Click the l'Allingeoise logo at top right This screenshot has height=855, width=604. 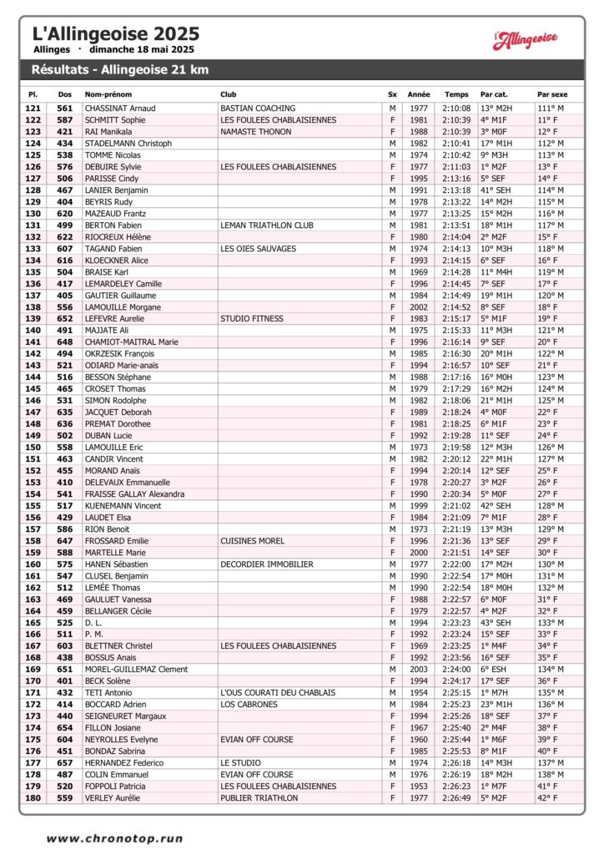pos(525,39)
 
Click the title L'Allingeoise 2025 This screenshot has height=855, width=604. pos(116,34)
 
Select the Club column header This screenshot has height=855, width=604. pos(228,94)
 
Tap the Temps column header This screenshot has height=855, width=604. pos(456,94)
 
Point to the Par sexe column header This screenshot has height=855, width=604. pos(551,94)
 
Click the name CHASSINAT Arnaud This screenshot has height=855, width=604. pos(120,109)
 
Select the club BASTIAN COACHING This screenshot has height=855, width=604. pos(258,109)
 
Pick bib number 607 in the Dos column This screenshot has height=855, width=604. pos(64,249)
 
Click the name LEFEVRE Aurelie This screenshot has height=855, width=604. pos(114,319)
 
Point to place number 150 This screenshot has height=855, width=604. pos(33,448)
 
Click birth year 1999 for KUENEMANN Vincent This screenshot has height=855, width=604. pos(419,506)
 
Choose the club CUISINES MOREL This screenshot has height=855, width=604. pos(252,541)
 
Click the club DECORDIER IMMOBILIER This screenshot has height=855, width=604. pos(267,564)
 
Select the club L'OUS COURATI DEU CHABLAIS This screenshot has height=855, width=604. pos(278,693)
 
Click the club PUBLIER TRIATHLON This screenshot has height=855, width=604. pos(259,798)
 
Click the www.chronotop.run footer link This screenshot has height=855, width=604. pos(114,838)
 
